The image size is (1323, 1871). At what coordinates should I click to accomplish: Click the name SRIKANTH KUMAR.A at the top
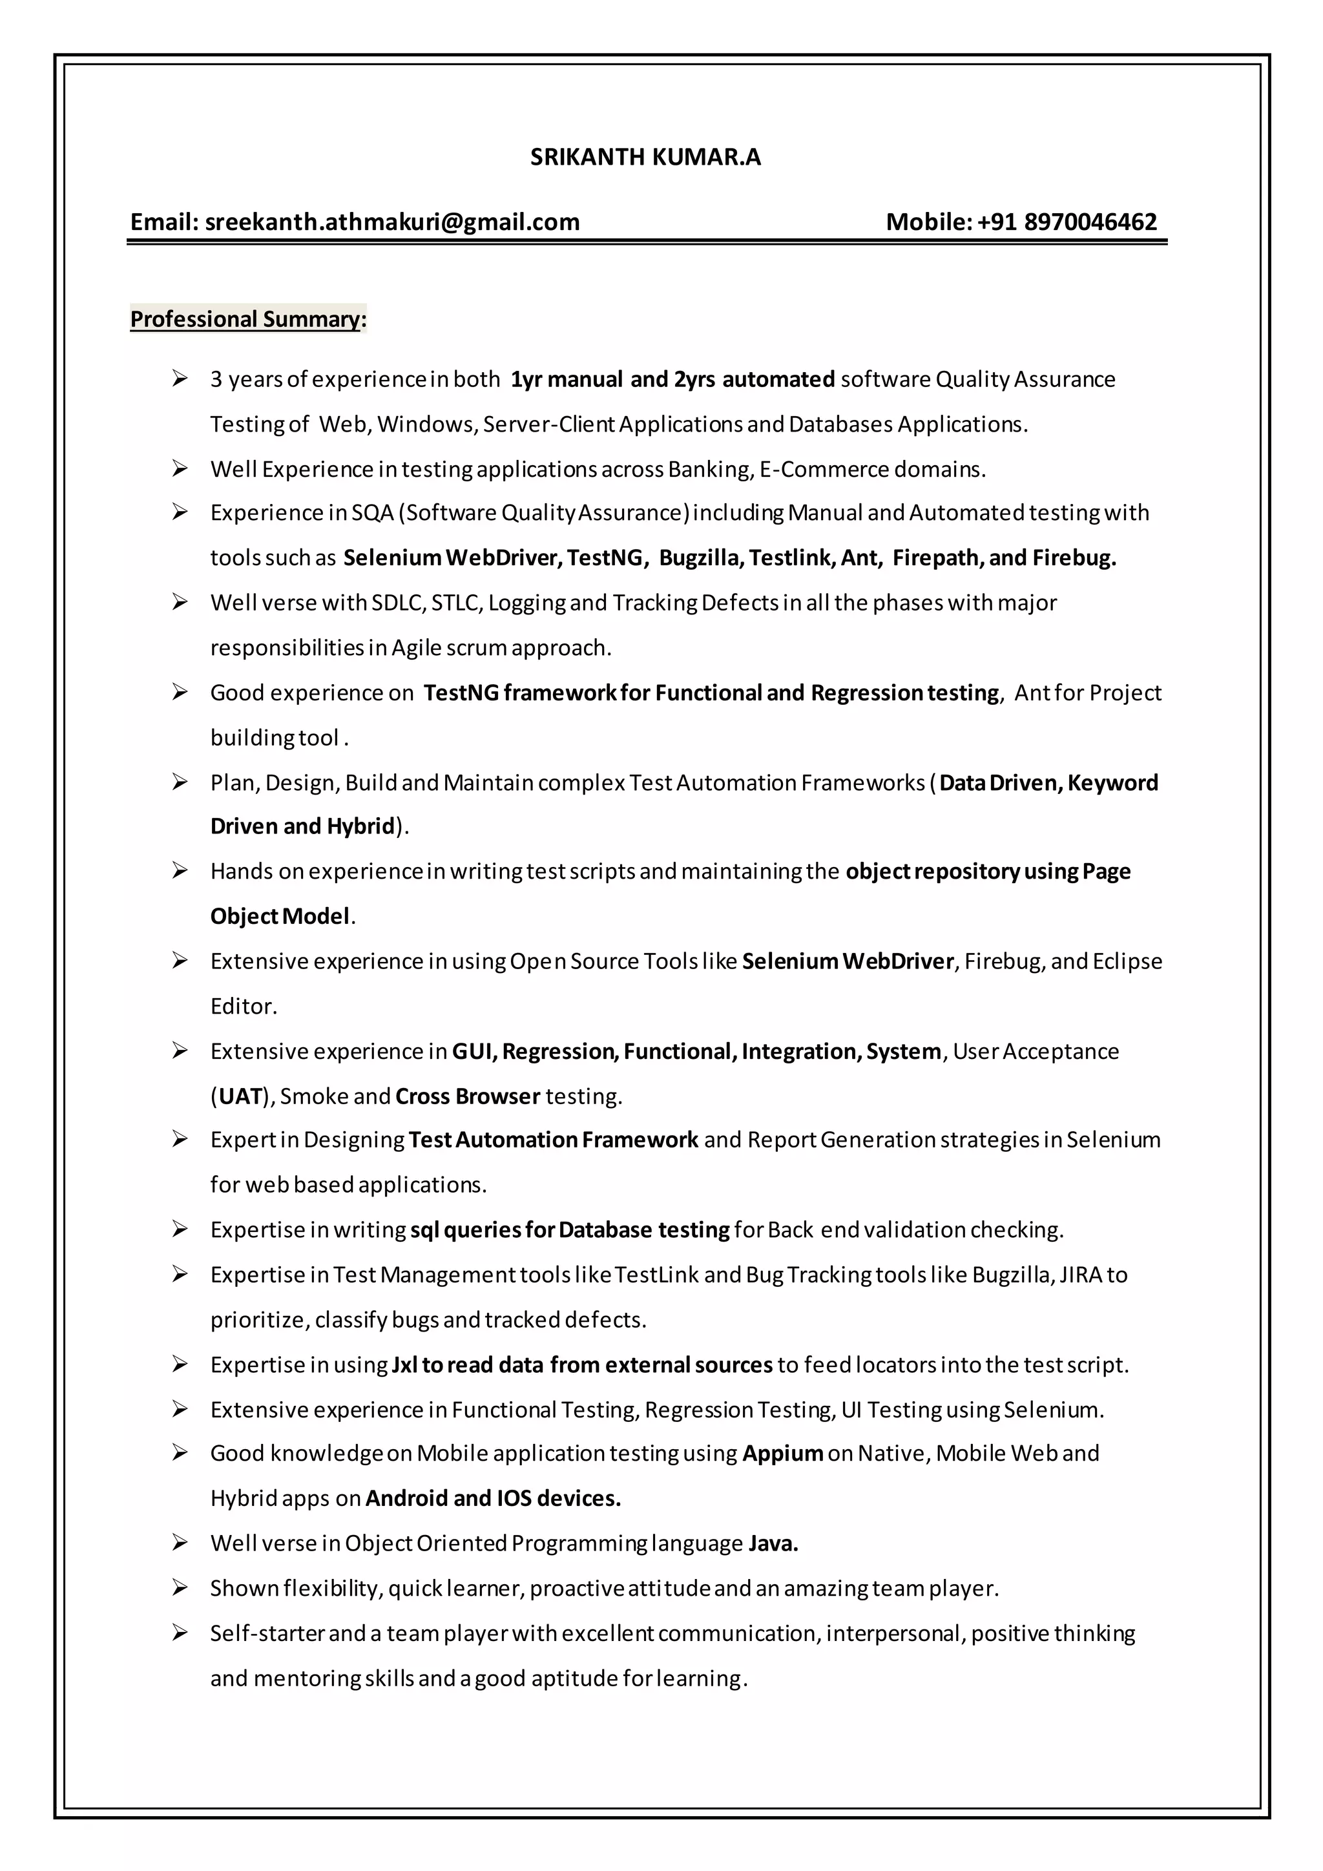[x=645, y=156]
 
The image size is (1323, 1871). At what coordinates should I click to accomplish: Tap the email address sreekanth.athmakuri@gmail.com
[x=392, y=222]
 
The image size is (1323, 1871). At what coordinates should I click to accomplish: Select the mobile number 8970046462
[x=1090, y=222]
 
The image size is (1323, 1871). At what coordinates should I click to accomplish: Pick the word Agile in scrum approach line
[x=416, y=648]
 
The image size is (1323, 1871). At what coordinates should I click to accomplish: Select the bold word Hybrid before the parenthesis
[x=360, y=826]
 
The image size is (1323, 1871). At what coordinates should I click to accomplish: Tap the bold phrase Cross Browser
[x=468, y=1096]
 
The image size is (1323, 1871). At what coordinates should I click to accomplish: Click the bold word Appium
[x=782, y=1453]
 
